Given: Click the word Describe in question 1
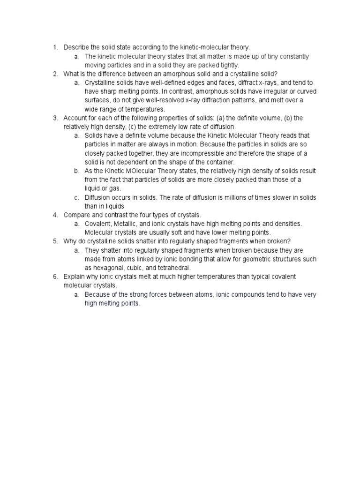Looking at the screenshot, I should pyautogui.click(x=75, y=47).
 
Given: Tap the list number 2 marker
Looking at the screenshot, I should pyautogui.click(x=55, y=74).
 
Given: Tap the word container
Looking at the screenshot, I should pyautogui.click(x=218, y=162).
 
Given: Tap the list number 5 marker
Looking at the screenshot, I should pyautogui.click(x=55, y=241).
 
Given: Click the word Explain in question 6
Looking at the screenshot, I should pyautogui.click(x=74, y=277).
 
